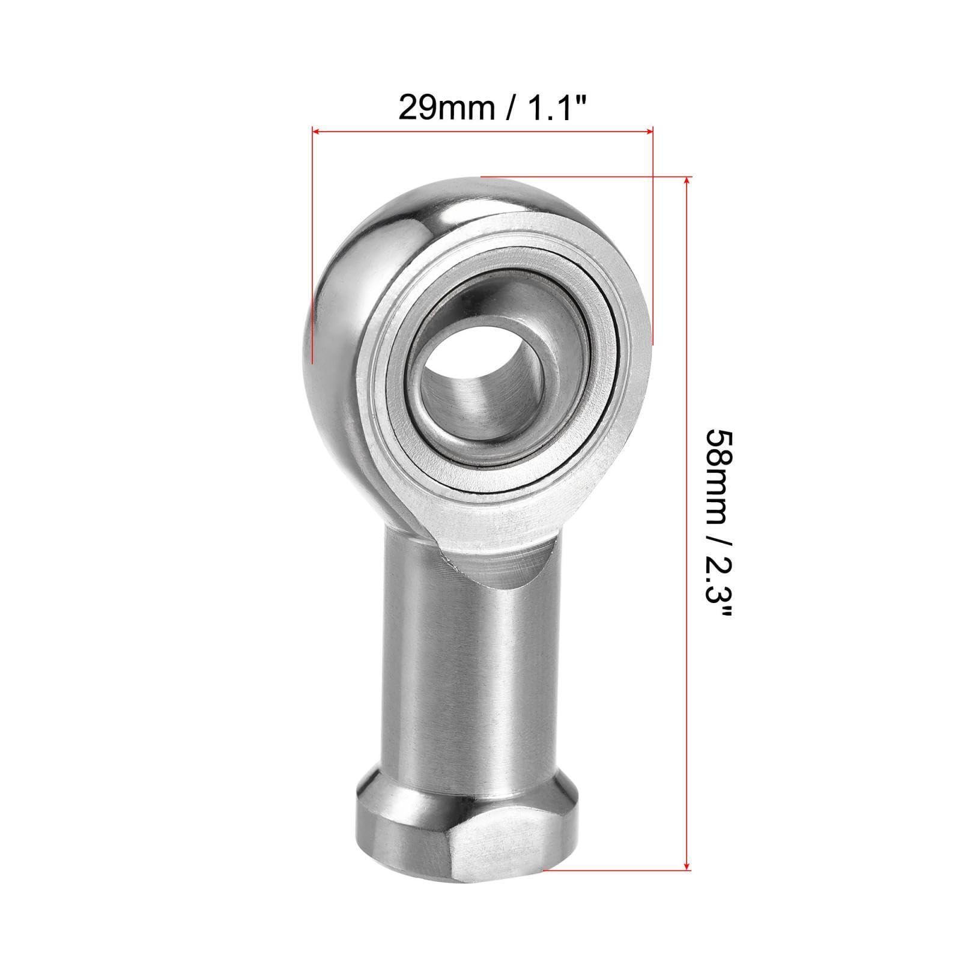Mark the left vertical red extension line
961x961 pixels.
313,252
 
